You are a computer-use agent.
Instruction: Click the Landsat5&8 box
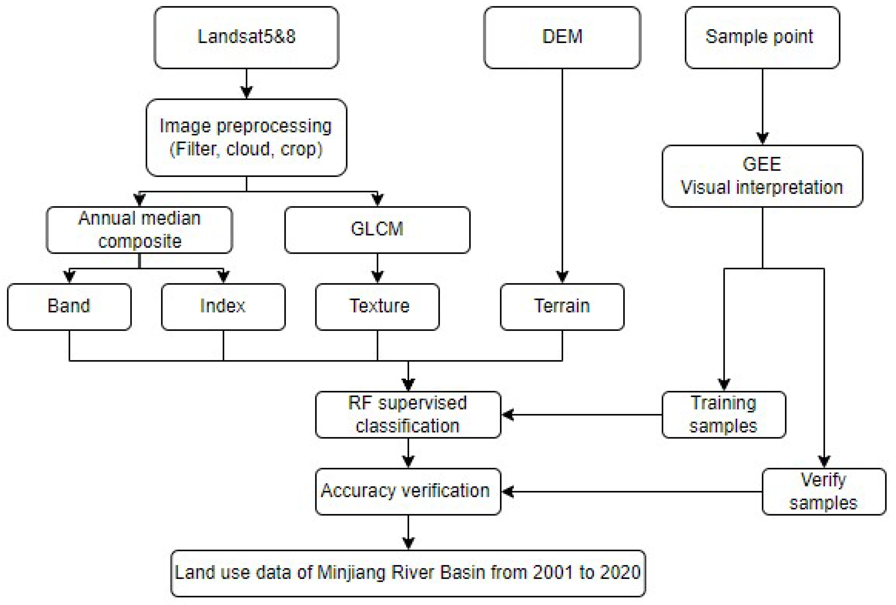246,37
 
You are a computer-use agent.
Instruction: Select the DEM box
562,37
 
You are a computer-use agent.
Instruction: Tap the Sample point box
762,37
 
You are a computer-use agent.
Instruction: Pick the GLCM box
377,230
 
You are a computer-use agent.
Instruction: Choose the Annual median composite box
139,230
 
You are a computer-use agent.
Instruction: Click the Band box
69,307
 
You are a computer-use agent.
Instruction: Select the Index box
223,307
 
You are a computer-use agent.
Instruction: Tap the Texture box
377,307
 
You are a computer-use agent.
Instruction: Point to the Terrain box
562,307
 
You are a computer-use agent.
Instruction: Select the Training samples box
724,415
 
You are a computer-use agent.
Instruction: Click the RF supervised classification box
408,415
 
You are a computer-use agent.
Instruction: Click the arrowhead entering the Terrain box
562,277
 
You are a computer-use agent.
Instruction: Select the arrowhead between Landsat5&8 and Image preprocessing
246,92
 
